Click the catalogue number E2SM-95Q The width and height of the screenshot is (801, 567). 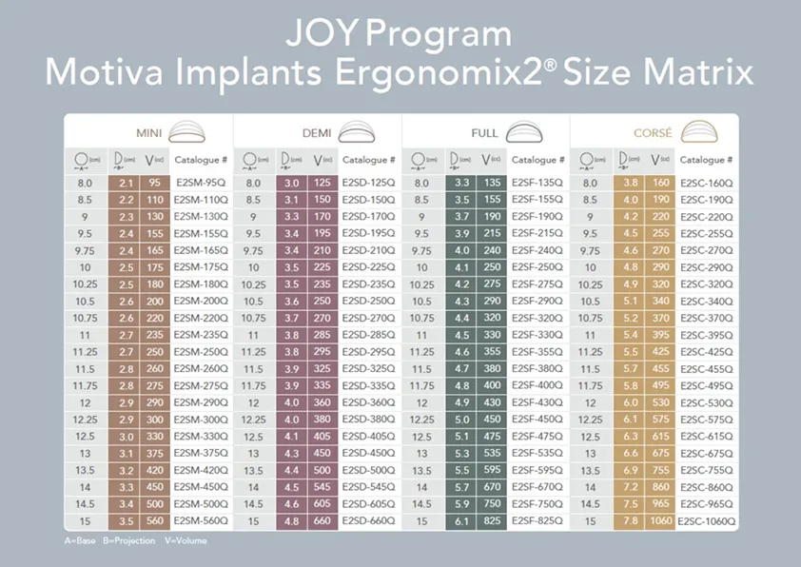click(x=200, y=183)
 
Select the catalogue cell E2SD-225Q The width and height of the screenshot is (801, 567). click(x=369, y=266)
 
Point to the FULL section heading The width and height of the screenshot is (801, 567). click(x=484, y=133)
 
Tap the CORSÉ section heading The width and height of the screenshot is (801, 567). click(x=653, y=133)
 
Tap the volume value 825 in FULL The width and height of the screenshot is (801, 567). click(x=491, y=521)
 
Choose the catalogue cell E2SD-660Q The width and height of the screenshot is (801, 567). click(x=369, y=521)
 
